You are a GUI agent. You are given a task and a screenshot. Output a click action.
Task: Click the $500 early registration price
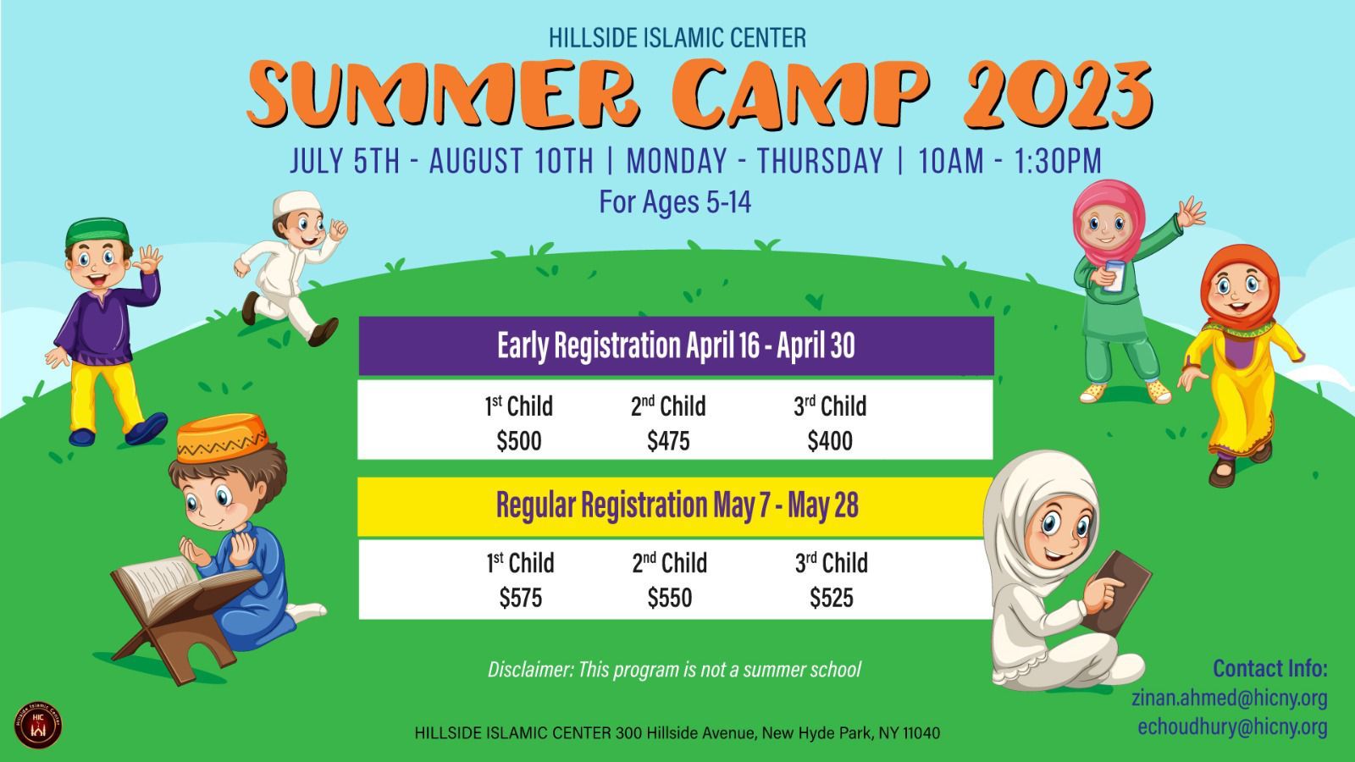pos(519,441)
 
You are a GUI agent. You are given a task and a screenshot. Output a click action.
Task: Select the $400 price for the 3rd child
pos(830,441)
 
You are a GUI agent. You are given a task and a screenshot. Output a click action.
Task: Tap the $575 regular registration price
pos(520,598)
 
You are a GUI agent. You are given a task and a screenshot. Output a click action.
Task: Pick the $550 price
pos(670,598)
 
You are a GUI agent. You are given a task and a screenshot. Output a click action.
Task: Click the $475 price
pos(668,441)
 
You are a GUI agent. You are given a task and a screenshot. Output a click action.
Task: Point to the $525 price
pos(832,598)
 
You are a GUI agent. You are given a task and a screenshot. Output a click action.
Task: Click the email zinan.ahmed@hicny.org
pos(1229,698)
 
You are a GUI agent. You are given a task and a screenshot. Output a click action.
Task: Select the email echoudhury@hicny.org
pos(1232,726)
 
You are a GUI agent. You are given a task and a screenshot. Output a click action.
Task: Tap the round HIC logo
pos(38,725)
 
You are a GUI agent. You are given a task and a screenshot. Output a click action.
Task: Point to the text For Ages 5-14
pos(675,202)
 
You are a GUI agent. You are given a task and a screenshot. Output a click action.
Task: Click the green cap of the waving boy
pos(97,232)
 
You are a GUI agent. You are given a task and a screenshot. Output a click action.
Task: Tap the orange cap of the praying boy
pos(221,437)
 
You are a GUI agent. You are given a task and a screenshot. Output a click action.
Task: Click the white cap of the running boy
pos(296,203)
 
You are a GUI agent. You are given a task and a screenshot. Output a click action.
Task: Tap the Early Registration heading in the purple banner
pos(676,345)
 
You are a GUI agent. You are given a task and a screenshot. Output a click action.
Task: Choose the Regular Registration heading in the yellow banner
pos(677,505)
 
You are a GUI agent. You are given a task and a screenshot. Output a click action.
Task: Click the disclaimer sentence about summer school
pos(674,670)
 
